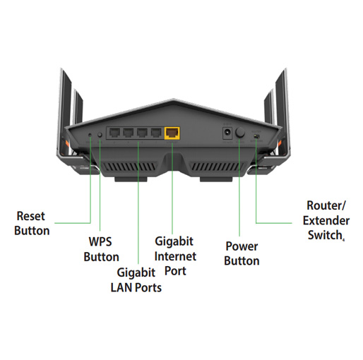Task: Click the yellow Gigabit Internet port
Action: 172,133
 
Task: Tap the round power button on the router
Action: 240,133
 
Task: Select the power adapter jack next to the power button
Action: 227,133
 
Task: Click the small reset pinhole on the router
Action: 90,135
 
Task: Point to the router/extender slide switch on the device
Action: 256,136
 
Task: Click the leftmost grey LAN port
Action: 114,133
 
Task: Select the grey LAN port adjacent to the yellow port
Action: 156,133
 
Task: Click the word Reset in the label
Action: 30,216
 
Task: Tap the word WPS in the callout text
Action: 100,241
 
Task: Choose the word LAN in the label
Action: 121,287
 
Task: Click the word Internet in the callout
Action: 175,256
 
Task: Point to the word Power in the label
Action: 242,246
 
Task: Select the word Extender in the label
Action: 326,220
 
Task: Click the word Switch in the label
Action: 325,235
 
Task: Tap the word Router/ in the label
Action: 326,205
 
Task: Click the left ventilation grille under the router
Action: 129,167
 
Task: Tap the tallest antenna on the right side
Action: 282,113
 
